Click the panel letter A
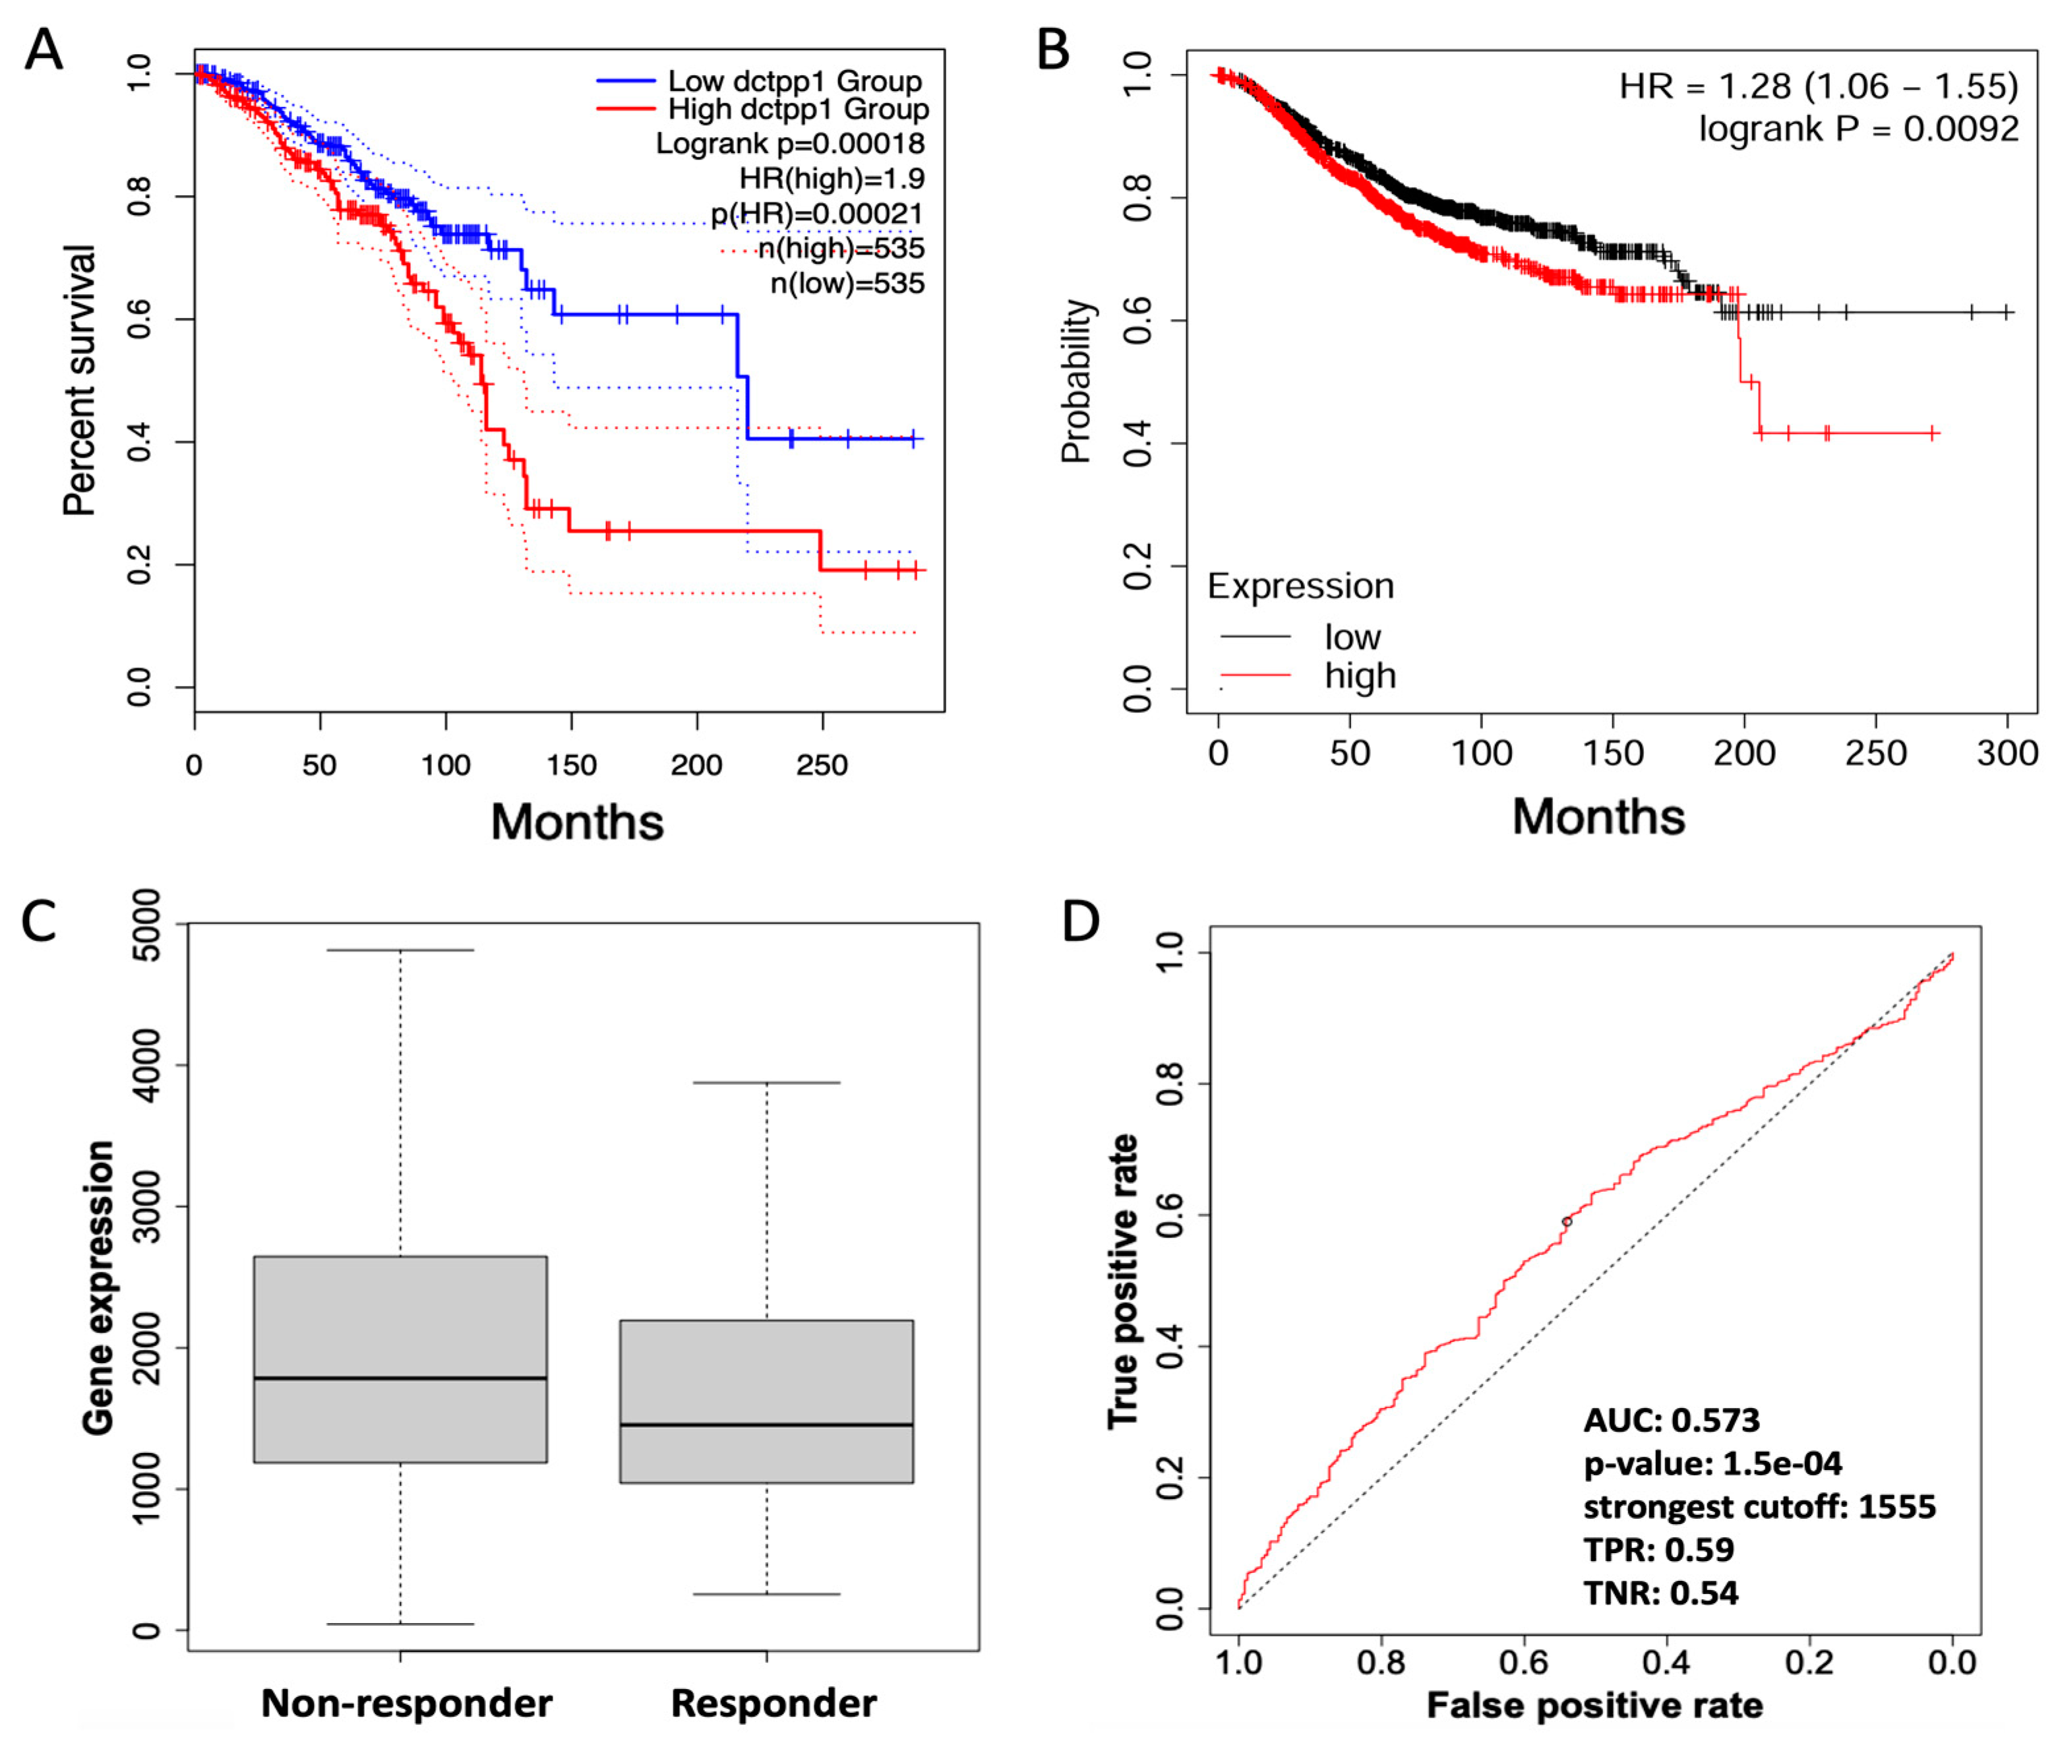coord(44,49)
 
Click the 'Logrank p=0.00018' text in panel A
coord(789,144)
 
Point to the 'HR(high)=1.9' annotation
coord(831,179)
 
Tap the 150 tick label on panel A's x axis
coord(571,764)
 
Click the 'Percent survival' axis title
coord(79,380)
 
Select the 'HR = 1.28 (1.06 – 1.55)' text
coord(1817,86)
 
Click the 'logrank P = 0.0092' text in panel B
coord(1858,129)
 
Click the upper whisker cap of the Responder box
coord(766,1083)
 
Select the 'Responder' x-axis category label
coord(773,1702)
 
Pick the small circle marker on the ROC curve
coord(1566,1221)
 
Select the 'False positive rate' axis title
coord(1594,1705)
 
